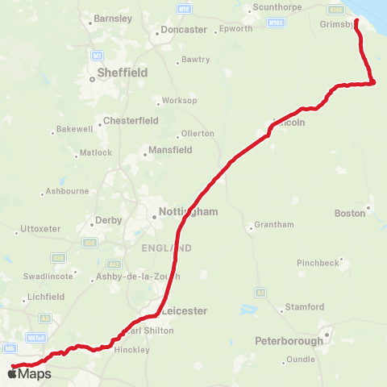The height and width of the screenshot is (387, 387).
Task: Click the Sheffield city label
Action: click(x=122, y=72)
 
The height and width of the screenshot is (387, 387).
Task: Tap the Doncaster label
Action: click(x=183, y=29)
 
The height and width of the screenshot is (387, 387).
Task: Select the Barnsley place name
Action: click(x=112, y=18)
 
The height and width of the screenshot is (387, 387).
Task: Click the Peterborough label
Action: click(x=289, y=341)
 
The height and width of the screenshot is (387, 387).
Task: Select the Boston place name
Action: click(x=349, y=214)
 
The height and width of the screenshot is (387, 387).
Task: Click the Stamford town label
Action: click(x=304, y=307)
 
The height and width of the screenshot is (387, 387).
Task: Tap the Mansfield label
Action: click(x=169, y=150)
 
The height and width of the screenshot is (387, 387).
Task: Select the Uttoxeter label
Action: click(x=40, y=229)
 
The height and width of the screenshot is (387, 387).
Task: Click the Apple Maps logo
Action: click(x=30, y=373)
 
